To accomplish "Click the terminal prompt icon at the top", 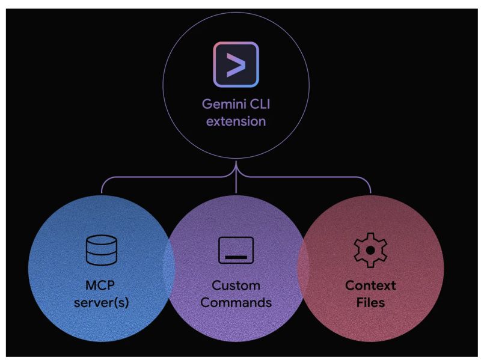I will point(235,64).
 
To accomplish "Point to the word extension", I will point(236,122).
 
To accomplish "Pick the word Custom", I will point(236,284).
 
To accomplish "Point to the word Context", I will point(370,284).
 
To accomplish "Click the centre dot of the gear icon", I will point(370,249).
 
